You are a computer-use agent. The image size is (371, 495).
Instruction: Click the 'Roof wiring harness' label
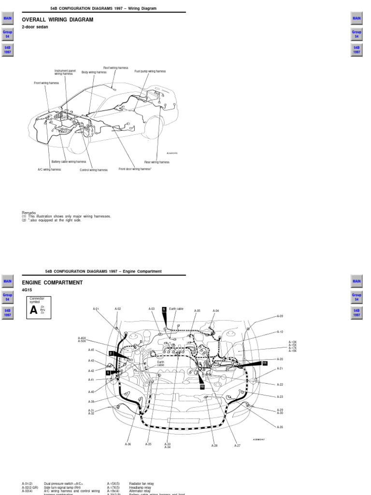tap(115, 68)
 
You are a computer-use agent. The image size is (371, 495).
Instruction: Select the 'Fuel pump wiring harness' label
tap(150, 72)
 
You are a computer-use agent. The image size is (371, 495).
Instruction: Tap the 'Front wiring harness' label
tap(46, 83)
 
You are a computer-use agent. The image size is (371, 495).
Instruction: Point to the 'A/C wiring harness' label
tap(49, 170)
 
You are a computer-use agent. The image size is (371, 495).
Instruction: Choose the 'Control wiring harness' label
tap(94, 170)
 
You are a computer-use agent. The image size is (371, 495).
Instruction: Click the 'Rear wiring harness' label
tap(157, 162)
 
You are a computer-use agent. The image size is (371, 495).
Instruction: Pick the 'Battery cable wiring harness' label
tap(69, 162)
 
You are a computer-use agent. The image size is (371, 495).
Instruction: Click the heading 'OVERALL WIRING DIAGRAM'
tap(57, 20)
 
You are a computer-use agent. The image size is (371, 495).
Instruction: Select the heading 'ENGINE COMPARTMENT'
tap(52, 283)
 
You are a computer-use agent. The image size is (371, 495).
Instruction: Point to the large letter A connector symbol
tap(33, 310)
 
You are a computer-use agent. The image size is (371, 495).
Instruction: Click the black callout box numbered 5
tap(164, 309)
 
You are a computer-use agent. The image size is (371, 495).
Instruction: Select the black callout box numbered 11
tap(264, 363)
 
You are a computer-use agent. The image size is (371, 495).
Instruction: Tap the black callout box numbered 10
tap(202, 387)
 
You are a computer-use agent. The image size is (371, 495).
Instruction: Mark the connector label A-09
tap(280, 316)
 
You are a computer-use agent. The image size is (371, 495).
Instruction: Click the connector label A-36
tap(128, 444)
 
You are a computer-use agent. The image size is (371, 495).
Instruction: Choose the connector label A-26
tap(280, 427)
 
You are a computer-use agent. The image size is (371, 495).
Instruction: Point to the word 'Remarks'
tap(29, 213)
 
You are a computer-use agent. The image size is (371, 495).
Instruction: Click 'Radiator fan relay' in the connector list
tap(142, 483)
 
